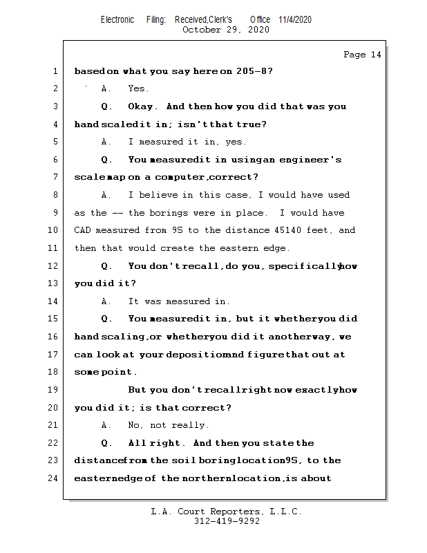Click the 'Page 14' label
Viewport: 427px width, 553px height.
pyautogui.click(x=362, y=55)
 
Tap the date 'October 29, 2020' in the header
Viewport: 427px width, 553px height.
pyautogui.click(x=226, y=30)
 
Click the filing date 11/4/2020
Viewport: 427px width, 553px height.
pyautogui.click(x=295, y=19)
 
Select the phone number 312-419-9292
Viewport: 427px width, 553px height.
pyautogui.click(x=227, y=521)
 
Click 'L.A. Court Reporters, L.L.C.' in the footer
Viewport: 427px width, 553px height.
pyautogui.click(x=227, y=512)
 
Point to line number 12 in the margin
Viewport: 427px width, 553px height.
pyautogui.click(x=54, y=266)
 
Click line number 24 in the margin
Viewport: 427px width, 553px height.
pyautogui.click(x=54, y=478)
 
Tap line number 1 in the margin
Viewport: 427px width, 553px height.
pyautogui.click(x=55, y=71)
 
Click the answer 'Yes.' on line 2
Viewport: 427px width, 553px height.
pyautogui.click(x=139, y=88)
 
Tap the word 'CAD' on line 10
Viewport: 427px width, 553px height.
pyautogui.click(x=82, y=230)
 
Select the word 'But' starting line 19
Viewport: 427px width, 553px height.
pyautogui.click(x=137, y=390)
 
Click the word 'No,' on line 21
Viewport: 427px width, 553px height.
pyautogui.click(x=136, y=425)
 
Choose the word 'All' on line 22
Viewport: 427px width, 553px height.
pyautogui.click(x=137, y=443)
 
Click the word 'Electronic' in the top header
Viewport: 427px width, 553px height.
pyautogui.click(x=117, y=19)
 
